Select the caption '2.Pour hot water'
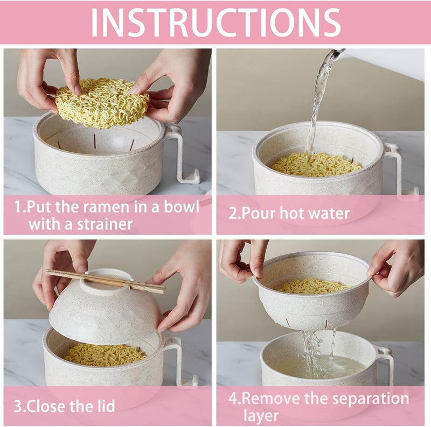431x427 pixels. click(289, 213)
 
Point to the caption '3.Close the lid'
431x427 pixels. click(64, 405)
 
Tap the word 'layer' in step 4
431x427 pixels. click(261, 415)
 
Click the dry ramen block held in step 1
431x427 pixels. click(102, 102)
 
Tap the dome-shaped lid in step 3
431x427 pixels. click(105, 312)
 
